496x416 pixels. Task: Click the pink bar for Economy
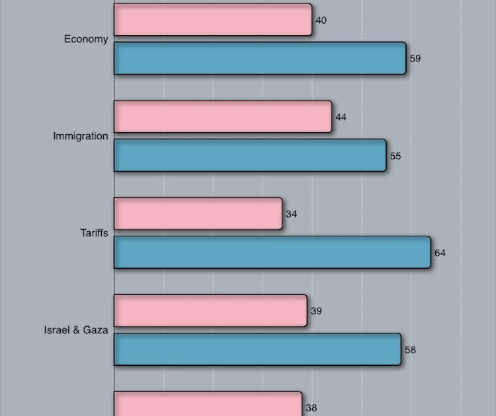213,20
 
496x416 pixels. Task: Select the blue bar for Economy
260,58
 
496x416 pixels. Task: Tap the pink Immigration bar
223,117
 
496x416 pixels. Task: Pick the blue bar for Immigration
250,156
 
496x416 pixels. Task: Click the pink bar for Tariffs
198,214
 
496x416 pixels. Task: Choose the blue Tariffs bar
272,253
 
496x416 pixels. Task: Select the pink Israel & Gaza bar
210,310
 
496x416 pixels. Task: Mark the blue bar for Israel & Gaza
258,349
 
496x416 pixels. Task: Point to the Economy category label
86,39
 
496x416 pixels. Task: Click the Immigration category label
81,136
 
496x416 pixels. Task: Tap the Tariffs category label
94,233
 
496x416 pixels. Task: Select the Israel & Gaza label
76,330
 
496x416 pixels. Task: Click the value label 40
321,20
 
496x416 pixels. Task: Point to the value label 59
415,59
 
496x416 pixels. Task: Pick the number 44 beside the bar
341,118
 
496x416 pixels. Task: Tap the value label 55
395,156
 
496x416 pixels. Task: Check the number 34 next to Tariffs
292,215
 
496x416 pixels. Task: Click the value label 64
440,254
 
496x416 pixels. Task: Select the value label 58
411,350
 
